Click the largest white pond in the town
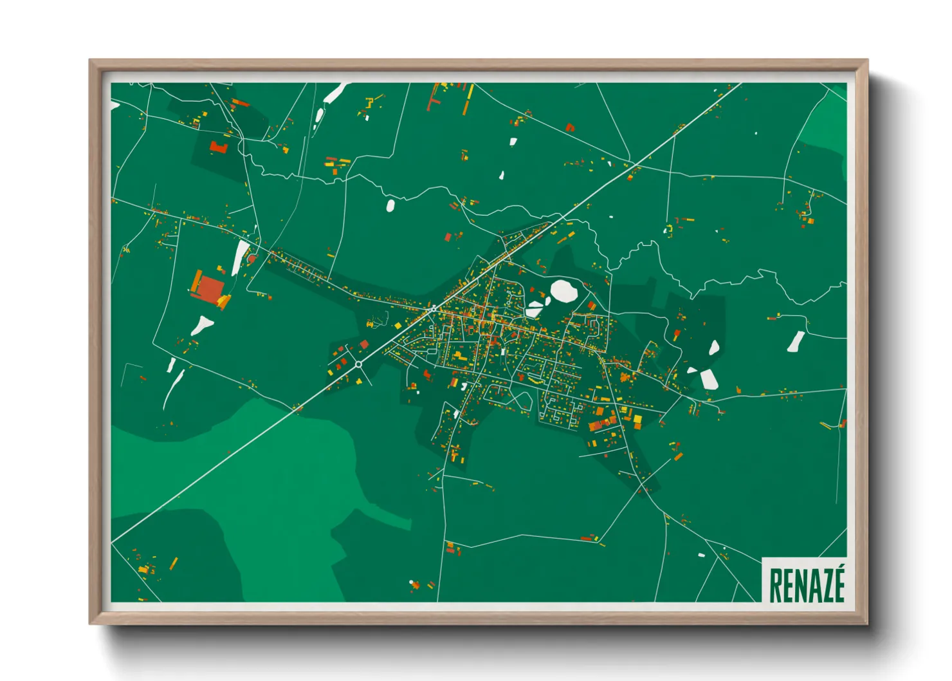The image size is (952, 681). pos(564,291)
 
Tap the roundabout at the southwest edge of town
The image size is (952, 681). pos(358,364)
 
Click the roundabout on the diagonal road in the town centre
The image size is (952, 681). pos(434,309)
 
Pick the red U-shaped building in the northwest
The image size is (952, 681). pos(219,147)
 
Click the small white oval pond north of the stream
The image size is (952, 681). pos(390,205)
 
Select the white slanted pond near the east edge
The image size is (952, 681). pos(796,341)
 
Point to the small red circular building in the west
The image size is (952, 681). pos(252,259)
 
